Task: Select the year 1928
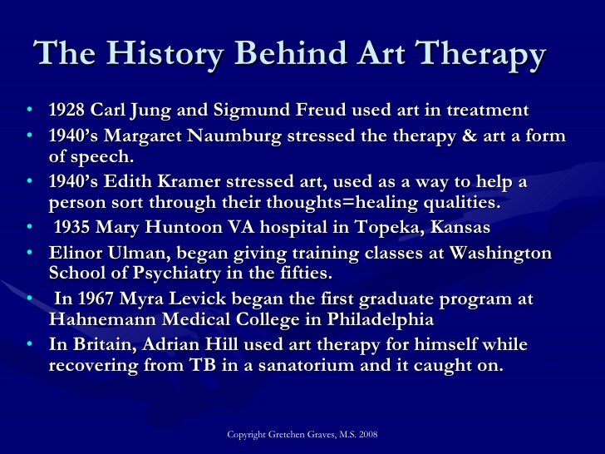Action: tap(66, 111)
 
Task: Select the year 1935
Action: tap(74, 227)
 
